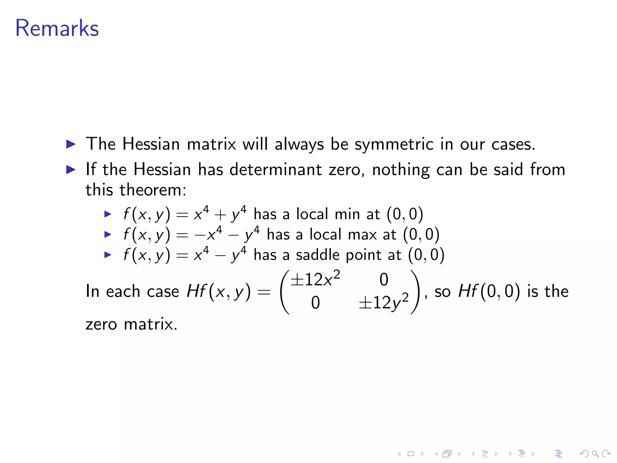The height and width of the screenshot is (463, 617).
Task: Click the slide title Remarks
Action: tap(57, 28)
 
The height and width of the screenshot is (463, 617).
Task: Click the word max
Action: tap(362, 235)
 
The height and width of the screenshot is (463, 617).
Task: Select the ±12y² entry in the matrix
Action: tap(383, 302)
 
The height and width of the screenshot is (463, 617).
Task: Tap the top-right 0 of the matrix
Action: tap(384, 279)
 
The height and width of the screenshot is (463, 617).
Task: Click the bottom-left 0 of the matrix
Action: tap(315, 303)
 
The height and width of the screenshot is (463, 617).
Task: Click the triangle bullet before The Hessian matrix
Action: tap(71, 144)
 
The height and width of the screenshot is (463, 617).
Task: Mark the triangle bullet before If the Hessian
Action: tap(71, 170)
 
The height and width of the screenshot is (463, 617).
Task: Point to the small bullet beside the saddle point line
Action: tap(108, 255)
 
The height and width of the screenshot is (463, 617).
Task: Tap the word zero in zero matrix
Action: tap(101, 324)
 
